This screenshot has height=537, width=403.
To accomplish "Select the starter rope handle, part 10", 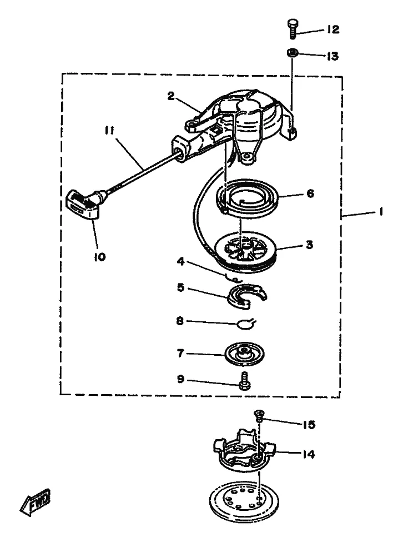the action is click(x=83, y=205).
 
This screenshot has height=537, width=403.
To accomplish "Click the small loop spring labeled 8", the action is click(x=247, y=323).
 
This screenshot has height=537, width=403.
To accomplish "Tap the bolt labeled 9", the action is click(x=245, y=381).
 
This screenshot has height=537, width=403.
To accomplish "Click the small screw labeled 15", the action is click(x=258, y=415).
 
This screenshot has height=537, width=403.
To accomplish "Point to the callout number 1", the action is click(x=380, y=212).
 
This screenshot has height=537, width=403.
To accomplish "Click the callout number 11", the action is click(x=109, y=131).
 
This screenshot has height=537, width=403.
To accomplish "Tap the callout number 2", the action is click(x=171, y=96).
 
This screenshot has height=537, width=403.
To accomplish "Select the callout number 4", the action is click(x=180, y=262).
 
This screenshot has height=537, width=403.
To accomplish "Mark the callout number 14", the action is click(x=308, y=455).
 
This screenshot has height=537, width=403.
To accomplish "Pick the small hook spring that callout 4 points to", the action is click(x=234, y=279).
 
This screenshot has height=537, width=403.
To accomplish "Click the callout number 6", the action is click(x=310, y=193).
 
